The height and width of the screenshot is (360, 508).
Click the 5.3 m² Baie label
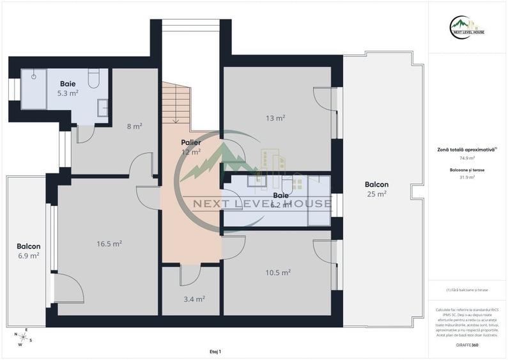click(x=69, y=88)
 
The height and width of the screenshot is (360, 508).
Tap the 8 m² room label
click(x=134, y=126)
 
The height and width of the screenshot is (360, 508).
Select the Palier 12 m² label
click(x=190, y=147)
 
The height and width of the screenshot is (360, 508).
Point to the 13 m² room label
click(x=275, y=118)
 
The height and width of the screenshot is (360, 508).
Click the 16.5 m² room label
click(x=109, y=244)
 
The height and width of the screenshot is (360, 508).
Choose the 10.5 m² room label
click(x=277, y=272)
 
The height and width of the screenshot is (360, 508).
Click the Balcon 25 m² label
click(x=377, y=189)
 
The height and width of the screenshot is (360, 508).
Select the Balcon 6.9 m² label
click(x=28, y=251)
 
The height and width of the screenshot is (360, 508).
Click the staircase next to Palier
click(x=176, y=102)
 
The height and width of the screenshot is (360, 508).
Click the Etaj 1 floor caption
click(x=215, y=352)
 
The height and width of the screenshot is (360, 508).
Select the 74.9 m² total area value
click(x=468, y=157)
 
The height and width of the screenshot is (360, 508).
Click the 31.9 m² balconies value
click(x=468, y=177)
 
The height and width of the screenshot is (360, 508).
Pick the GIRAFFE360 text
click(x=467, y=345)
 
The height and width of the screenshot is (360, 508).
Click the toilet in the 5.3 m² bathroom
click(x=94, y=77)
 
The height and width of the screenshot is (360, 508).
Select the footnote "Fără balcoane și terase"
click(x=468, y=290)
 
